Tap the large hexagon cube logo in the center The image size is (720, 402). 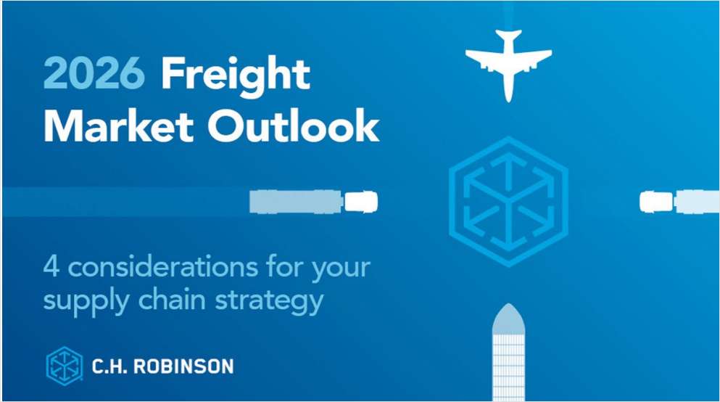tap(508, 200)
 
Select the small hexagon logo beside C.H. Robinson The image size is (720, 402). tap(64, 365)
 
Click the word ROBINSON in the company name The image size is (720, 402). tap(184, 366)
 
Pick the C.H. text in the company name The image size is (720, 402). tap(109, 366)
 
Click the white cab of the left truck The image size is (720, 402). tap(360, 201)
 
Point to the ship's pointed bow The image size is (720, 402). tap(508, 317)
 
